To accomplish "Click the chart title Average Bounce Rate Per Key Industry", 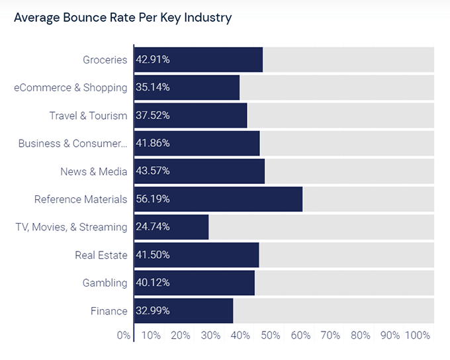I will pyautogui.click(x=122, y=18).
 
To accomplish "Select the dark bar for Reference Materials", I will pyautogui.click(x=218, y=199).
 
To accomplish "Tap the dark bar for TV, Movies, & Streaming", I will pyautogui.click(x=171, y=227).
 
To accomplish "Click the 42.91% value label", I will pyautogui.click(x=153, y=60).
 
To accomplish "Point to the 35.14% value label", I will pyautogui.click(x=153, y=87).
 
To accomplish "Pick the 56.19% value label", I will pyautogui.click(x=153, y=199).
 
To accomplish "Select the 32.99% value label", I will pyautogui.click(x=153, y=311).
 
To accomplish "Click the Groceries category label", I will pyautogui.click(x=105, y=60).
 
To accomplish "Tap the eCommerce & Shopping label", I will pyautogui.click(x=70, y=87).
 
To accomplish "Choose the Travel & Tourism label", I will pyautogui.click(x=88, y=116).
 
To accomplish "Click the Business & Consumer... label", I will pyautogui.click(x=72, y=144).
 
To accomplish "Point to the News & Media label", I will pyautogui.click(x=93, y=171).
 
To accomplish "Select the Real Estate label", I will pyautogui.click(x=101, y=255).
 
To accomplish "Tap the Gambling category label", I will pyautogui.click(x=105, y=283).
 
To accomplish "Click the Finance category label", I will pyautogui.click(x=109, y=311).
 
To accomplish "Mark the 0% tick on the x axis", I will pyautogui.click(x=124, y=336).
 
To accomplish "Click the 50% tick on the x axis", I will pyautogui.click(x=271, y=336).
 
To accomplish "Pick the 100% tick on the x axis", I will pyautogui.click(x=417, y=336).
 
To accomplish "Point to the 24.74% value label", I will pyautogui.click(x=153, y=227).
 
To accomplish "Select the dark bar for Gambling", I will pyautogui.click(x=194, y=283).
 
